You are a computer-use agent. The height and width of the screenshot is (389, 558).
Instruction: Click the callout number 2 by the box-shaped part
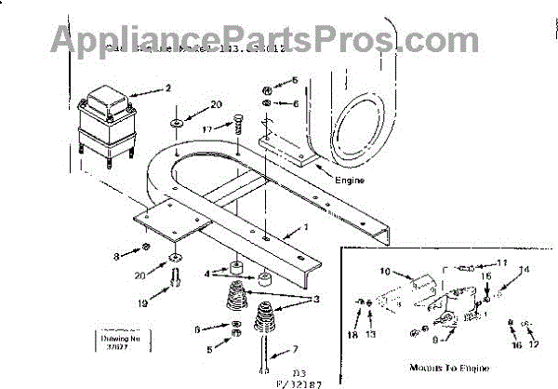tap(168, 89)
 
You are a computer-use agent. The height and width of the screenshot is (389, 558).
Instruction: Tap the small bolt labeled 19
tap(176, 276)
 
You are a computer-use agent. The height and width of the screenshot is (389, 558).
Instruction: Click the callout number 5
tap(210, 349)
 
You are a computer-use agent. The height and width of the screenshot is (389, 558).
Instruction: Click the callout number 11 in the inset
tap(502, 262)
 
